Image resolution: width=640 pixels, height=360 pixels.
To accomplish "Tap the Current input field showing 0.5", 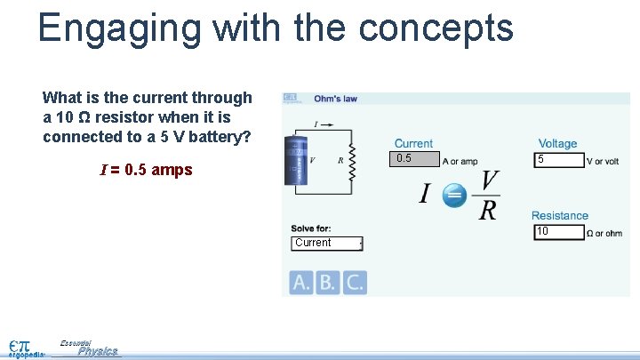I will click(415, 159).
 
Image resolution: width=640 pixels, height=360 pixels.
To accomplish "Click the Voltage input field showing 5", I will click(558, 160).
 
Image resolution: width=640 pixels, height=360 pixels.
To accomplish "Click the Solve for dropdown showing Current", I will click(326, 244).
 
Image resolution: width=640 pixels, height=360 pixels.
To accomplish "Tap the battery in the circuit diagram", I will click(294, 161).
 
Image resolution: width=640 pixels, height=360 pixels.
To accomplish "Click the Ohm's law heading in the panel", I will click(335, 99).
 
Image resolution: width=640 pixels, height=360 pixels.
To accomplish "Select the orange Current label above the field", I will click(413, 143).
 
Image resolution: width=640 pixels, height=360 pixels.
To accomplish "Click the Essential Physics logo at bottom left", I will click(89, 348).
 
